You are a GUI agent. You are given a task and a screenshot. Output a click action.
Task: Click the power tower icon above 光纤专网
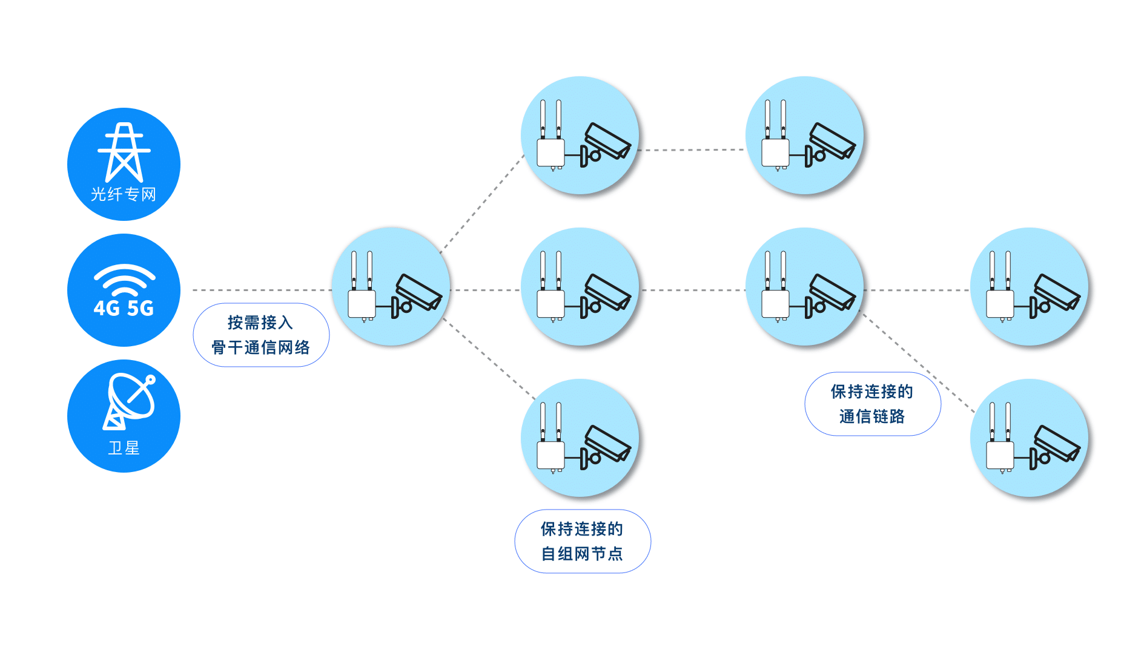(x=124, y=152)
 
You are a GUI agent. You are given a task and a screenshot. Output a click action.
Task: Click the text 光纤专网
(x=124, y=194)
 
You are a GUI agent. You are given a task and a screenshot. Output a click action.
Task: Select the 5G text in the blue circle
(x=140, y=308)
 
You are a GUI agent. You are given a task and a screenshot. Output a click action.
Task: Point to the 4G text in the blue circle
(x=107, y=308)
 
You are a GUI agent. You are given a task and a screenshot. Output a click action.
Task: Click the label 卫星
(x=124, y=448)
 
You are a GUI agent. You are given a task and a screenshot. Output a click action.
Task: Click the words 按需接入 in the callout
(x=260, y=323)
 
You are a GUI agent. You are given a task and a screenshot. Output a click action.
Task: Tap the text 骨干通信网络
(x=260, y=347)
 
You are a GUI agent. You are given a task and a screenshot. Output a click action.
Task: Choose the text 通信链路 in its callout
(x=872, y=416)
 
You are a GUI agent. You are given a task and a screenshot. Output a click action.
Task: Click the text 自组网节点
(x=581, y=554)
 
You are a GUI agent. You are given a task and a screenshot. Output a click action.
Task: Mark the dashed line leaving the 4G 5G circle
(x=260, y=290)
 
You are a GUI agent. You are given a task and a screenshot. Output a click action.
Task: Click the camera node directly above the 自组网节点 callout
(x=580, y=438)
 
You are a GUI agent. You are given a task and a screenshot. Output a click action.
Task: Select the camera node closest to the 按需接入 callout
(x=391, y=287)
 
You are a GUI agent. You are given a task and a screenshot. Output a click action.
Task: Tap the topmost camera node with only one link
(x=804, y=135)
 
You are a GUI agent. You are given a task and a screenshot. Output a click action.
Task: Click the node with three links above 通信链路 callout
(x=804, y=287)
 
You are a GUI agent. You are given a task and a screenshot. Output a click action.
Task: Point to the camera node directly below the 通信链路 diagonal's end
(x=1029, y=438)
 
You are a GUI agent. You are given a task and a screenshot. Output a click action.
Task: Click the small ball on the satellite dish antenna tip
(x=151, y=380)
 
